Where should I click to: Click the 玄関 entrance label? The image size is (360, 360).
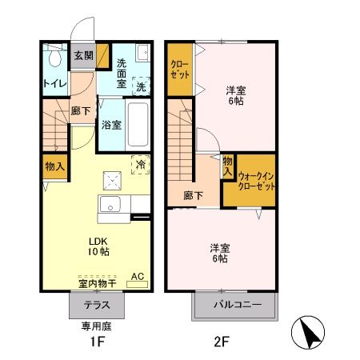tap(82, 55)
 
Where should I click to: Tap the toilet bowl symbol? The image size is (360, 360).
tap(54, 58)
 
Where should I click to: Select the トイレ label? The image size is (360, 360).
tap(54, 82)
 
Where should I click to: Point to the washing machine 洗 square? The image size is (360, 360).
tap(141, 85)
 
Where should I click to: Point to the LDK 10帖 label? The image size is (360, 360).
tap(98, 246)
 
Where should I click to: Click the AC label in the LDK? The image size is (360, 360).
tap(136, 277)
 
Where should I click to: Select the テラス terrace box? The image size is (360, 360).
tap(98, 305)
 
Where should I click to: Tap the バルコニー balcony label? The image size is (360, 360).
tap(234, 306)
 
